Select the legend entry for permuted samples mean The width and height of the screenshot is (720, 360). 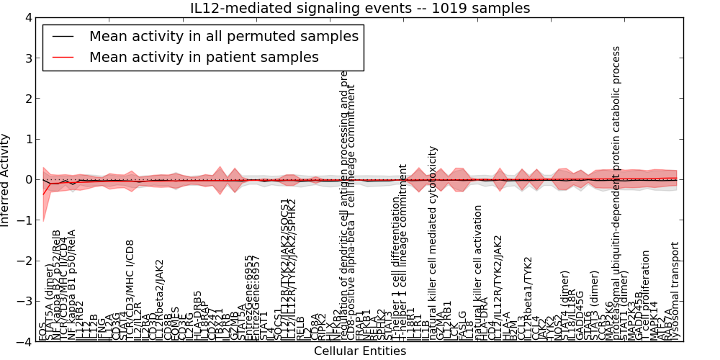[223, 35]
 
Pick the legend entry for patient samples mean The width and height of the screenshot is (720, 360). [204, 57]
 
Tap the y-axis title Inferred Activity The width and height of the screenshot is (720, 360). [6, 179]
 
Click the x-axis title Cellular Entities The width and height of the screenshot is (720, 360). [359, 351]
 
